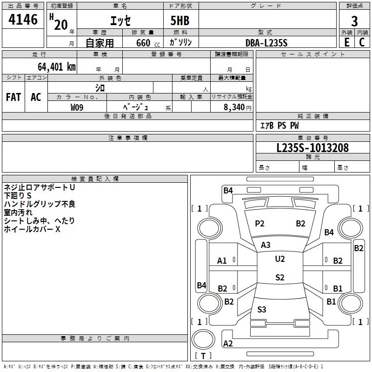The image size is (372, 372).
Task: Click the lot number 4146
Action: (23, 20)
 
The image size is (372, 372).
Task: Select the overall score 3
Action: (354, 21)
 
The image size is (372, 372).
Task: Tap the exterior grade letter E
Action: (346, 42)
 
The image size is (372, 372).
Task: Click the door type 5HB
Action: (177, 21)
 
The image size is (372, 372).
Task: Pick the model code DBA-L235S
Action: (266, 43)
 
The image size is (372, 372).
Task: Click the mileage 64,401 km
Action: (53, 67)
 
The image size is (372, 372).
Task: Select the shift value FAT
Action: (13, 97)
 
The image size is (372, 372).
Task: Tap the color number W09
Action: (77, 107)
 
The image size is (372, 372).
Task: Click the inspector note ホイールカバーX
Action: (33, 229)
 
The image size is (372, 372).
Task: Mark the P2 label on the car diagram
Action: (259, 224)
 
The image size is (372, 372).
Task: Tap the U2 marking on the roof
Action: (280, 259)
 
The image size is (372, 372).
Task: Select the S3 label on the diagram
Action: (262, 309)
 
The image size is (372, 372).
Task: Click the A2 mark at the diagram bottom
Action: (228, 344)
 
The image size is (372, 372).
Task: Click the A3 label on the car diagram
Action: (266, 245)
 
